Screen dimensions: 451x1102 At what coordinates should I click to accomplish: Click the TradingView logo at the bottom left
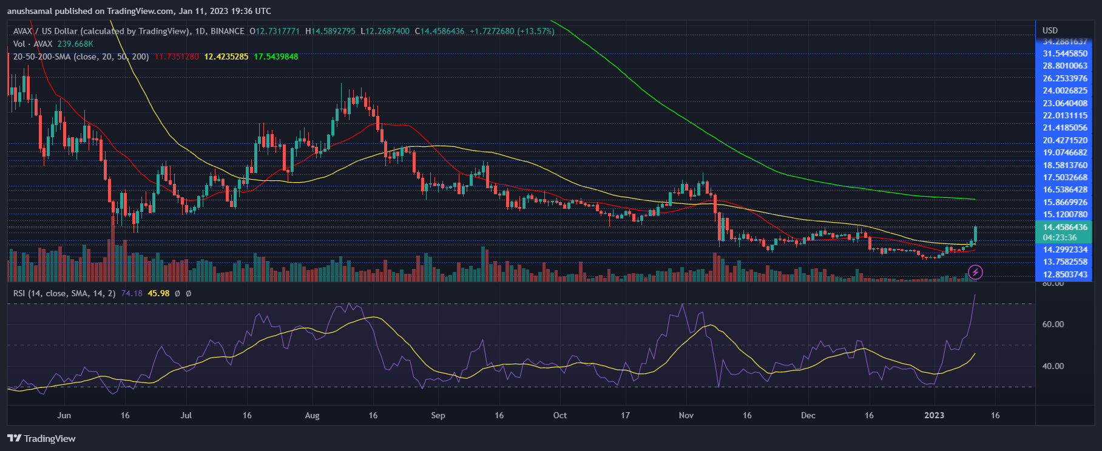pos(41,438)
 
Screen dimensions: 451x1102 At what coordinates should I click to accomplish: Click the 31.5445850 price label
pos(1065,53)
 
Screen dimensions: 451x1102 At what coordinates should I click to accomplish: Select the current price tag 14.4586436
pos(1065,227)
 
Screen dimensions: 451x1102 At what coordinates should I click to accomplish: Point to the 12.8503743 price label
pos(1065,274)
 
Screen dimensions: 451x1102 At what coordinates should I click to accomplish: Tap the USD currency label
pos(1050,30)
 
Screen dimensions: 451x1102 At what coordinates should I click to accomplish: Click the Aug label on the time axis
pos(312,415)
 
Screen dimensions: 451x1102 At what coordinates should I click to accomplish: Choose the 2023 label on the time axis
pos(934,415)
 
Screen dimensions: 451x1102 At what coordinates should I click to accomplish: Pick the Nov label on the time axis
pos(686,415)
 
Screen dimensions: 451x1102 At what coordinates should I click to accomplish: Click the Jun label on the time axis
pos(64,415)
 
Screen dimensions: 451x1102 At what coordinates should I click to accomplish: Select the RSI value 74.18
pos(132,293)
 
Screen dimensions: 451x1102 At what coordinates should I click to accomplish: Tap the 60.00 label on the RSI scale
pos(1053,324)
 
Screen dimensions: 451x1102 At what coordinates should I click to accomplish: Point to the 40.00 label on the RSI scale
pos(1053,366)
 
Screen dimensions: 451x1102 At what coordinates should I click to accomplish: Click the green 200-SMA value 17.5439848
pos(275,56)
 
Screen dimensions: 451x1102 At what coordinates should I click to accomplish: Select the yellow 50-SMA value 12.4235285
pos(226,56)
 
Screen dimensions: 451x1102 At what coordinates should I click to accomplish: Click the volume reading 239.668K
pos(75,44)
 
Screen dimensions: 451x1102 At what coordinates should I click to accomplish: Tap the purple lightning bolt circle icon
pos(975,272)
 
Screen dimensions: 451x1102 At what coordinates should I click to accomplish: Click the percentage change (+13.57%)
pos(536,31)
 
